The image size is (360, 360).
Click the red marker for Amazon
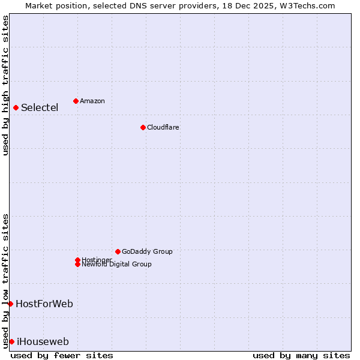(x=76, y=101)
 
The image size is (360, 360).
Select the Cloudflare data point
(x=143, y=127)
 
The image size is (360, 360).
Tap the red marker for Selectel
(x=16, y=108)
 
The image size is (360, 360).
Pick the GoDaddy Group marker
(x=118, y=251)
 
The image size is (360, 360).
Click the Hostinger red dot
(x=77, y=260)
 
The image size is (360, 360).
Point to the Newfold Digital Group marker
(x=77, y=265)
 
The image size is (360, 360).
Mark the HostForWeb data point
(x=10, y=304)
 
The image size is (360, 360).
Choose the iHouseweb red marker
(x=11, y=341)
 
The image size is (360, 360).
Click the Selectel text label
(x=40, y=108)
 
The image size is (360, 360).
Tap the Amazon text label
(x=92, y=101)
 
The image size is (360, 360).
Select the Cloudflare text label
(x=163, y=127)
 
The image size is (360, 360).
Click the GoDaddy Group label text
(x=147, y=251)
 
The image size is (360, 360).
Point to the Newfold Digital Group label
(x=117, y=265)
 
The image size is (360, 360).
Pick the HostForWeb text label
(x=44, y=304)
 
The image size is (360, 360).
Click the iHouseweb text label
(x=43, y=342)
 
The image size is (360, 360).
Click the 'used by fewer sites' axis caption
(x=62, y=355)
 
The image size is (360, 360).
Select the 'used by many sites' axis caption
(x=301, y=355)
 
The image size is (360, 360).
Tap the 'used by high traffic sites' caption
(x=5, y=85)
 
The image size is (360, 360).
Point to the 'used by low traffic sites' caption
(x=5, y=280)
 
